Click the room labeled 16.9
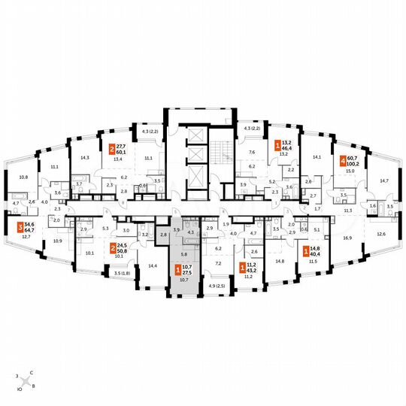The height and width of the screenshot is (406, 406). [x=347, y=237]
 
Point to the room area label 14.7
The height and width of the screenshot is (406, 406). [x=384, y=181]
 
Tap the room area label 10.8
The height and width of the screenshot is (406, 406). [x=23, y=177]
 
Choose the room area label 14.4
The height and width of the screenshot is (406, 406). [x=153, y=266]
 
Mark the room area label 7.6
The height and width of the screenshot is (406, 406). [x=253, y=153]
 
